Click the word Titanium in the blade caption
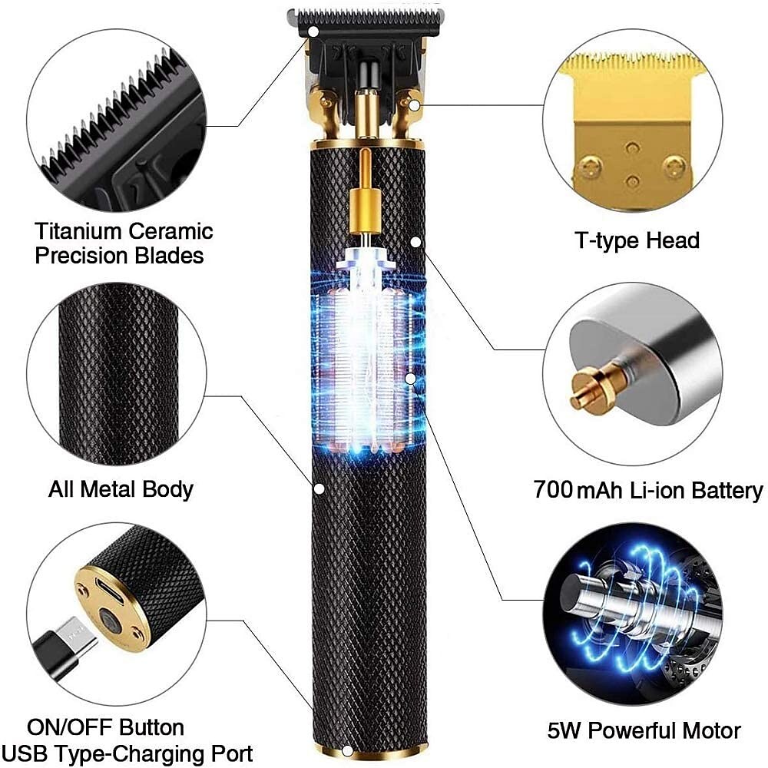[78, 231]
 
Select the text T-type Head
[637, 241]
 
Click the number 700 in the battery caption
[553, 489]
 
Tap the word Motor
[712, 731]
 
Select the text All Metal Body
[121, 490]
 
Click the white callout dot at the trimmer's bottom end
[347, 750]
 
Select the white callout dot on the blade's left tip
[313, 31]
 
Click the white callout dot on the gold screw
[415, 104]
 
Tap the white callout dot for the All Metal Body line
[319, 488]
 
